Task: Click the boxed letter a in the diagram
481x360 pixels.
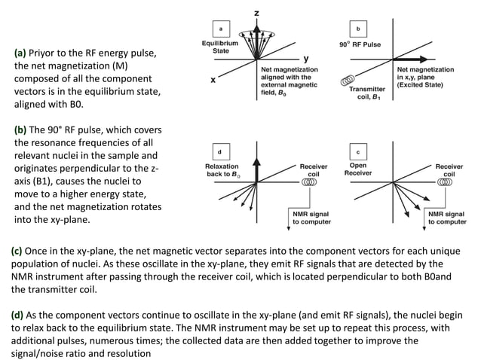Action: (x=219, y=29)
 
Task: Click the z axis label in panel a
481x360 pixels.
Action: (x=256, y=13)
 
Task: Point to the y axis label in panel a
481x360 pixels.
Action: (x=305, y=58)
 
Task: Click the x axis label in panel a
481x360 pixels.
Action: (x=213, y=79)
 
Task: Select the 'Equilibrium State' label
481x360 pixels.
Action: (x=216, y=47)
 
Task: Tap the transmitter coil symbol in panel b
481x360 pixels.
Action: (x=348, y=79)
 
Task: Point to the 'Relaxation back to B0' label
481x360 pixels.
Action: (x=222, y=170)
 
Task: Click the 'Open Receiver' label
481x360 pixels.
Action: (x=358, y=169)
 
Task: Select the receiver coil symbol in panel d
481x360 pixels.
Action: (x=309, y=182)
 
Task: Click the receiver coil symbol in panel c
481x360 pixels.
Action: (x=448, y=182)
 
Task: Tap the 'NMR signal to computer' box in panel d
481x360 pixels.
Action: (x=311, y=218)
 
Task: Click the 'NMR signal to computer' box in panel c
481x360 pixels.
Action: (x=447, y=218)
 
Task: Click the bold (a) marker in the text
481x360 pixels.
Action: (x=20, y=53)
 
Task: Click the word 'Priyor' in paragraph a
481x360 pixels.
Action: (x=46, y=53)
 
